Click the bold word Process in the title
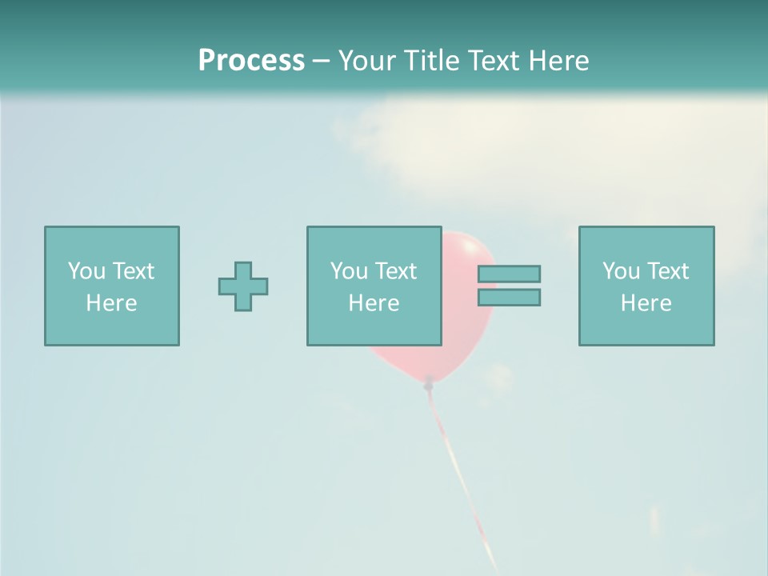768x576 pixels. click(251, 61)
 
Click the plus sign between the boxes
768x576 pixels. click(243, 286)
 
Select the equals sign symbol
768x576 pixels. click(509, 286)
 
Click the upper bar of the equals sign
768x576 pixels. click(509, 274)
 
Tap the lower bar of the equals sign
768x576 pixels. click(509, 298)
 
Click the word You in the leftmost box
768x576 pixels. click(86, 271)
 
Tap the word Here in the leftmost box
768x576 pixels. click(112, 303)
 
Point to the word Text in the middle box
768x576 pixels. click(394, 271)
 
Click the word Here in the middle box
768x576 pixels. click(374, 303)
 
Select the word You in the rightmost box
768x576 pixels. click(621, 271)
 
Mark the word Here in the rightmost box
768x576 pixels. click(646, 303)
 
